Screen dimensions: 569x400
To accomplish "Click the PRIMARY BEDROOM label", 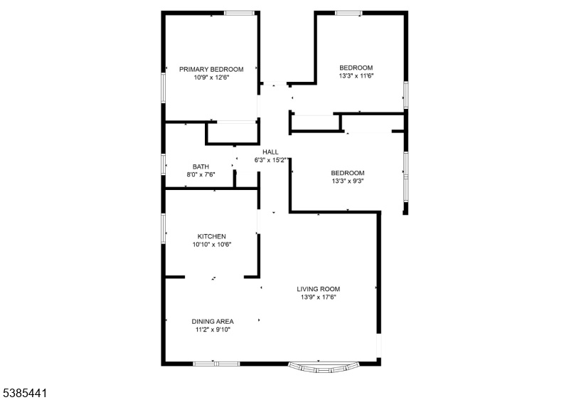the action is pos(211,69).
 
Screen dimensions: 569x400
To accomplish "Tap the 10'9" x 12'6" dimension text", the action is pos(211,78).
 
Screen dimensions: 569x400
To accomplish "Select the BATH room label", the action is pos(201,167).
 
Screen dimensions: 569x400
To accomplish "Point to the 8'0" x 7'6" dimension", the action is pos(201,174).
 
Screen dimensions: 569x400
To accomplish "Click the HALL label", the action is pos(270,152).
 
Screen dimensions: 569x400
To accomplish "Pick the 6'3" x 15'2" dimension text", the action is pos(271,160).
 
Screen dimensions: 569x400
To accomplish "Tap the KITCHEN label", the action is pos(211,236).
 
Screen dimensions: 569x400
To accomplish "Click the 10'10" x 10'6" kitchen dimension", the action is pos(211,245).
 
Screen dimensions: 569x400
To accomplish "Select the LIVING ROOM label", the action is pos(318,289).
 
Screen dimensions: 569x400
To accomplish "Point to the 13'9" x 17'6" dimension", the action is pos(318,298).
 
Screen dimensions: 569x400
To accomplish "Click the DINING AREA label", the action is pos(213,322).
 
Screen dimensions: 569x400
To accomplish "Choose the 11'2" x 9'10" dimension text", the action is pos(213,330).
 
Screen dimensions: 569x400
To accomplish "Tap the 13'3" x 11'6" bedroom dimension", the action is pos(356,76).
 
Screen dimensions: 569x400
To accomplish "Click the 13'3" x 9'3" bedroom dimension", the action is pos(348,181).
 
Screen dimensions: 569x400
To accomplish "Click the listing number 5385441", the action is pos(25,393).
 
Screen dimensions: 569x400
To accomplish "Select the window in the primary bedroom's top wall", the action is pos(239,13).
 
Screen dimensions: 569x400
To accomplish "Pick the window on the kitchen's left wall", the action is pos(164,228).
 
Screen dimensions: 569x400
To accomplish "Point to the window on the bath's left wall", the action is pos(164,164).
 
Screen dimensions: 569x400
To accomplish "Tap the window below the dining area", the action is pos(216,363).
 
